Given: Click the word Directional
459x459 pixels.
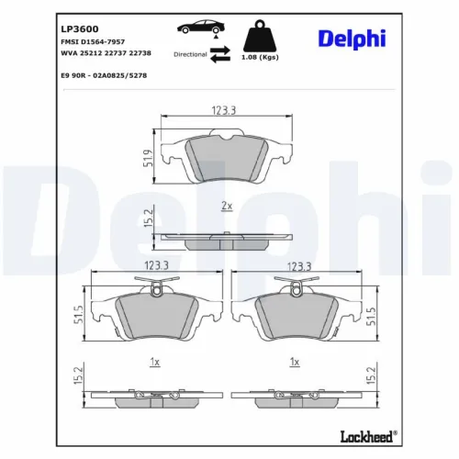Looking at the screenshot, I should coord(189,54).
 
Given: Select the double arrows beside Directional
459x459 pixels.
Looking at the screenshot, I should coord(218,55).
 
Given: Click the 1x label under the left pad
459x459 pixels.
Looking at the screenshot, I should coord(155,362).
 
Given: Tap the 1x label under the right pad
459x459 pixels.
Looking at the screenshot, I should coord(294,362).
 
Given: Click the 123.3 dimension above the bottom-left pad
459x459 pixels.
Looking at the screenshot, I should coord(155,266).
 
